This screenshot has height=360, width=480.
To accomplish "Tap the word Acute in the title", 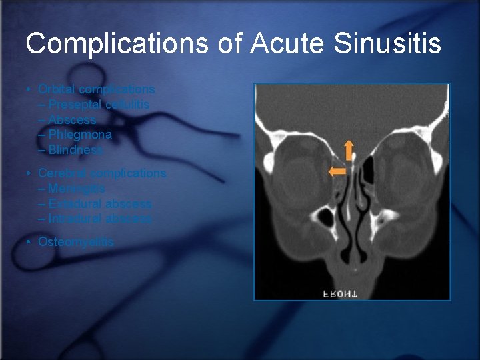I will coord(283,44).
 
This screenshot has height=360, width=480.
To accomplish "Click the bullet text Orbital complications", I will coord(97,89).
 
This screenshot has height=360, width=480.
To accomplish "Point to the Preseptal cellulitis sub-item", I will coord(99,105).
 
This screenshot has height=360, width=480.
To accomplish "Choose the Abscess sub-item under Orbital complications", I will coord(72,120).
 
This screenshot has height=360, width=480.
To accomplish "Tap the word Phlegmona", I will coord(80,135).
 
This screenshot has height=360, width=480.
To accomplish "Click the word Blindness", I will coord(76,150).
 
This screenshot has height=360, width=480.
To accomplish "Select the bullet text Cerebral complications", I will coord(102,173).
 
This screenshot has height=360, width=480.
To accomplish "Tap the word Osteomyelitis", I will coord(76,241).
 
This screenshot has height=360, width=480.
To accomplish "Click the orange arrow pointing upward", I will coord(348,151).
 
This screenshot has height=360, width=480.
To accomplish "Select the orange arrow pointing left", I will coord(337,171).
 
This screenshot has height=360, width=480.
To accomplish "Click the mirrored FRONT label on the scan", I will coord(340,293).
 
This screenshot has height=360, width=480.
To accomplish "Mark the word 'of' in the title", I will coord(230,44).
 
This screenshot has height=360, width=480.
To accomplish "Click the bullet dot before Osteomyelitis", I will coord(29,242).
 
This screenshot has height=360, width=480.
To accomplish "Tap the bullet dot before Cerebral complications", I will coord(29,173).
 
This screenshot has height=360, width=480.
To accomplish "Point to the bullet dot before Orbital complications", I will coord(29,89).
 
